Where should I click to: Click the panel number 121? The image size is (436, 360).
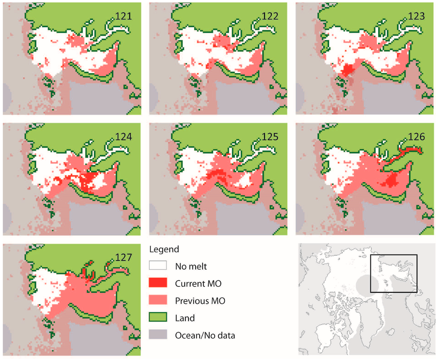coord(124,16)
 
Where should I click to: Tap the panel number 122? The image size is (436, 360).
coord(270,16)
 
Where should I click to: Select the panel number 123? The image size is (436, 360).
coord(416,16)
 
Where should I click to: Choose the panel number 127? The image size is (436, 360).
coord(124,257)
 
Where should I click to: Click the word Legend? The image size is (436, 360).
coord(164,249)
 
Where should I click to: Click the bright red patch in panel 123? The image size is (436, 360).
coord(348,69)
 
